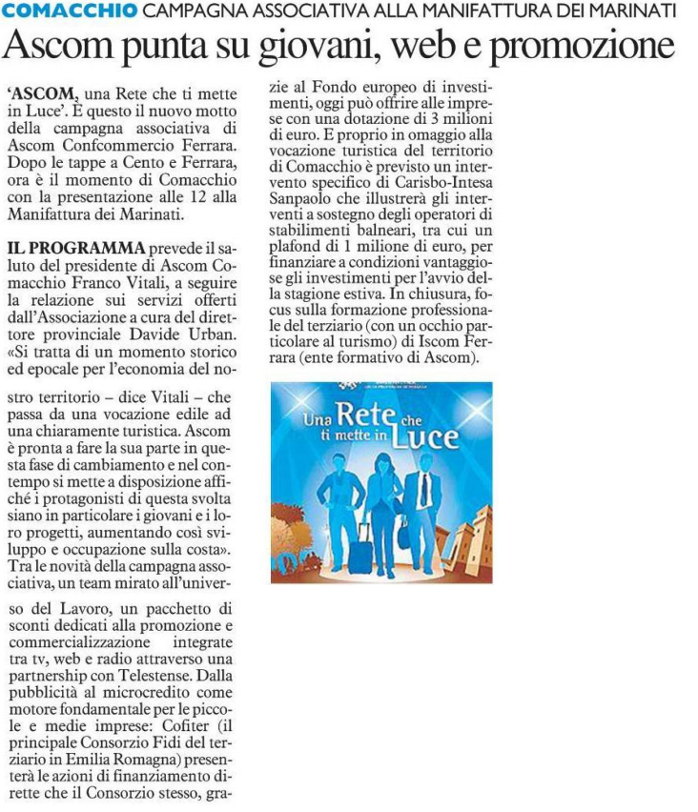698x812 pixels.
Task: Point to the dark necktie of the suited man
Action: pos(423,489)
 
